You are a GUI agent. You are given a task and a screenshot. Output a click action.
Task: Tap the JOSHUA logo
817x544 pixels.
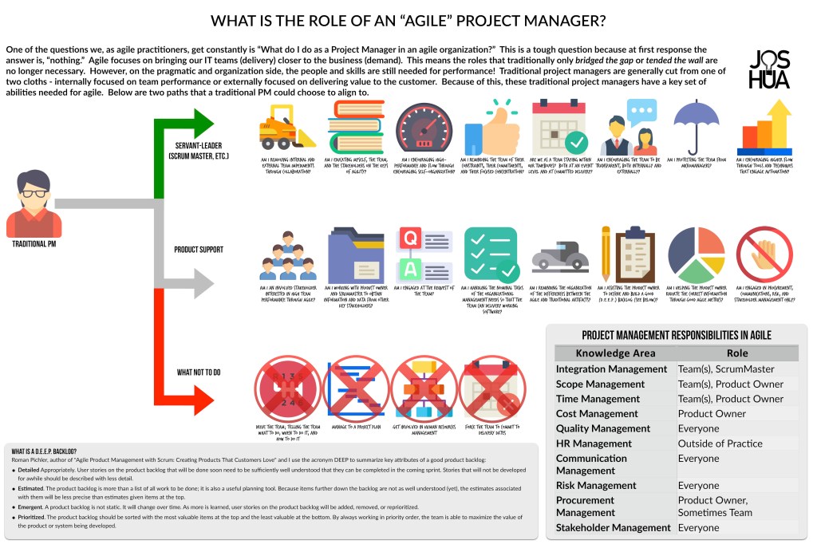click(x=770, y=70)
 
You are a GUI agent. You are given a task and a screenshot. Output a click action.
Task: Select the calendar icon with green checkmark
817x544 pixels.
click(x=561, y=128)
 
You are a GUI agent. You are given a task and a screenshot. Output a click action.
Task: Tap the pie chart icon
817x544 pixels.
click(x=696, y=255)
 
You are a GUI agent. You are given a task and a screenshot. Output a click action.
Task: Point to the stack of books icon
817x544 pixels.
click(x=355, y=128)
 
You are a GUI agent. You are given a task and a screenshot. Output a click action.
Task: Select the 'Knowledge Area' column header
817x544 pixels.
click(x=616, y=353)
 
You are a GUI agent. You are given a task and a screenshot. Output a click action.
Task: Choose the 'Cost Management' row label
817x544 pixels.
click(x=603, y=414)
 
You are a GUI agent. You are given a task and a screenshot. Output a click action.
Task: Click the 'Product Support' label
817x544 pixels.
click(x=199, y=250)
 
